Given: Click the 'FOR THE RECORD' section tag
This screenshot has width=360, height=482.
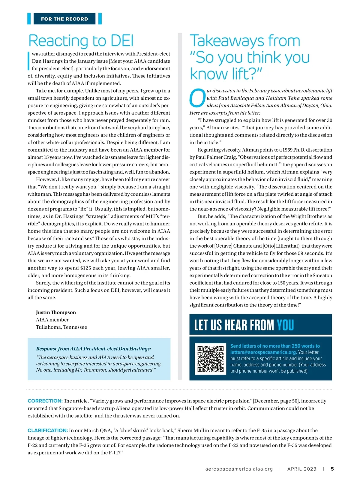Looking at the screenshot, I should (64, 19).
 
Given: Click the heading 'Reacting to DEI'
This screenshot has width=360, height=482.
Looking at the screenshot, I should (81, 41).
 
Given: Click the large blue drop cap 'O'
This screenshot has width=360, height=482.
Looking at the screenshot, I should (197, 98).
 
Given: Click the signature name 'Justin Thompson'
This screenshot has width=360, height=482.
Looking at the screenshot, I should (56, 312).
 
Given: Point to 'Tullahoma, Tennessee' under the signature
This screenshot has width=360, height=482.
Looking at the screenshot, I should (61, 327).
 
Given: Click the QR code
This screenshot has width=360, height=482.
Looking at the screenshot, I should (210, 359).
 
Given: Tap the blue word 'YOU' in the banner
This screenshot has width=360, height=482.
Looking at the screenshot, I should (285, 325).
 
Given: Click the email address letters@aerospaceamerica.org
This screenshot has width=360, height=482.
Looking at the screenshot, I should (263, 352).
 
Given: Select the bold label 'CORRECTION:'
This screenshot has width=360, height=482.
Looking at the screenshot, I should (45, 401).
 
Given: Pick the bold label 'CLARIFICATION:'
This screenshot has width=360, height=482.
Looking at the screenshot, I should (48, 430).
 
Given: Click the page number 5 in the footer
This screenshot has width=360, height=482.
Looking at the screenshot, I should (332, 469).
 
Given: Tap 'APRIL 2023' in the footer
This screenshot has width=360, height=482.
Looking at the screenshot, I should (301, 469).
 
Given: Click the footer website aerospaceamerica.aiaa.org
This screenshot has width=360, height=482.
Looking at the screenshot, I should (239, 469).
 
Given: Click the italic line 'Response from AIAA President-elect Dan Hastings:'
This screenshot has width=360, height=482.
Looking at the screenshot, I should (94, 349).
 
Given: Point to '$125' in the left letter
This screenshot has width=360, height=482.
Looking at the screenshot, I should (86, 268).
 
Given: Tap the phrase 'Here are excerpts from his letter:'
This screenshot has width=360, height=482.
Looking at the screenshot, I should (225, 113).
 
